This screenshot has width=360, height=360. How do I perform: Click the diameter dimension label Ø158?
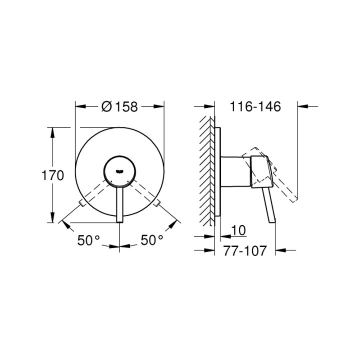point(119,106)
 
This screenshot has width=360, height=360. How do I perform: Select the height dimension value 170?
point(52,175)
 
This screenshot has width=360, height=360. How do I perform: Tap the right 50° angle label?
point(151,240)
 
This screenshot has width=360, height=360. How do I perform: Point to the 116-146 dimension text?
point(255,106)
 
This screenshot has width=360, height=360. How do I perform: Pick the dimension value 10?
point(239,230)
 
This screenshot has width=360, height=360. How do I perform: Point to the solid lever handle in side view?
point(269,205)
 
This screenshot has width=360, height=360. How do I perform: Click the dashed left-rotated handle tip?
point(81,203)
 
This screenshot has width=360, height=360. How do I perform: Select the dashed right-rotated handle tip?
point(158,203)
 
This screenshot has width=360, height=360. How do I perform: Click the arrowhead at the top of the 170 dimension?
point(52,131)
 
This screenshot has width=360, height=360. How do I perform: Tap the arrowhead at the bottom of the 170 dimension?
point(52,219)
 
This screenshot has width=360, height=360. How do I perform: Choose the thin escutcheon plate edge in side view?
point(217,170)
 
